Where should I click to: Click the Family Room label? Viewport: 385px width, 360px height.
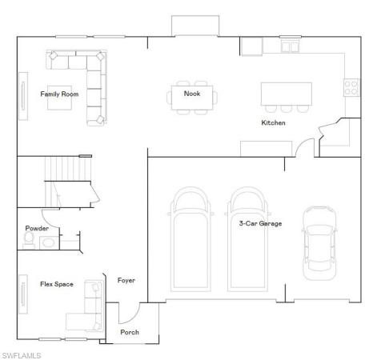(59, 94)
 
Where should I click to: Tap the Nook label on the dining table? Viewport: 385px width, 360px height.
(192, 94)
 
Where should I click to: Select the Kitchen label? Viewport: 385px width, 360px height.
(273, 122)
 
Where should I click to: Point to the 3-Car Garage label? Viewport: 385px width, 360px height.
(260, 223)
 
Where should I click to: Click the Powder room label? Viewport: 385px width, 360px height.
(37, 228)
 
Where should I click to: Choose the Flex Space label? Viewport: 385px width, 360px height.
(57, 284)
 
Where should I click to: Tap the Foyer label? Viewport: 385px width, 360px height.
(126, 281)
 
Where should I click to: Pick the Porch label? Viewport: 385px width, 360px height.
(130, 332)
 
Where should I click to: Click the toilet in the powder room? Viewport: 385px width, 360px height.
(29, 240)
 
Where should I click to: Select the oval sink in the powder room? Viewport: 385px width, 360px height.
(48, 243)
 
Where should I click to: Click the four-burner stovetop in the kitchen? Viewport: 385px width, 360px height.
(351, 88)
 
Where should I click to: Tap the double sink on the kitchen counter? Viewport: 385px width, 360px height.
(290, 46)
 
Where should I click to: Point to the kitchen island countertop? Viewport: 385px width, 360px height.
(287, 94)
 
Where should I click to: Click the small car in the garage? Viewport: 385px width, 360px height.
(319, 243)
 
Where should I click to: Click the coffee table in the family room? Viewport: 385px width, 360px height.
(59, 98)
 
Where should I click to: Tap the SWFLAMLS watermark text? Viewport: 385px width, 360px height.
(22, 355)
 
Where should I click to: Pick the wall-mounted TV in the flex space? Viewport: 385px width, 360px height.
(23, 294)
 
